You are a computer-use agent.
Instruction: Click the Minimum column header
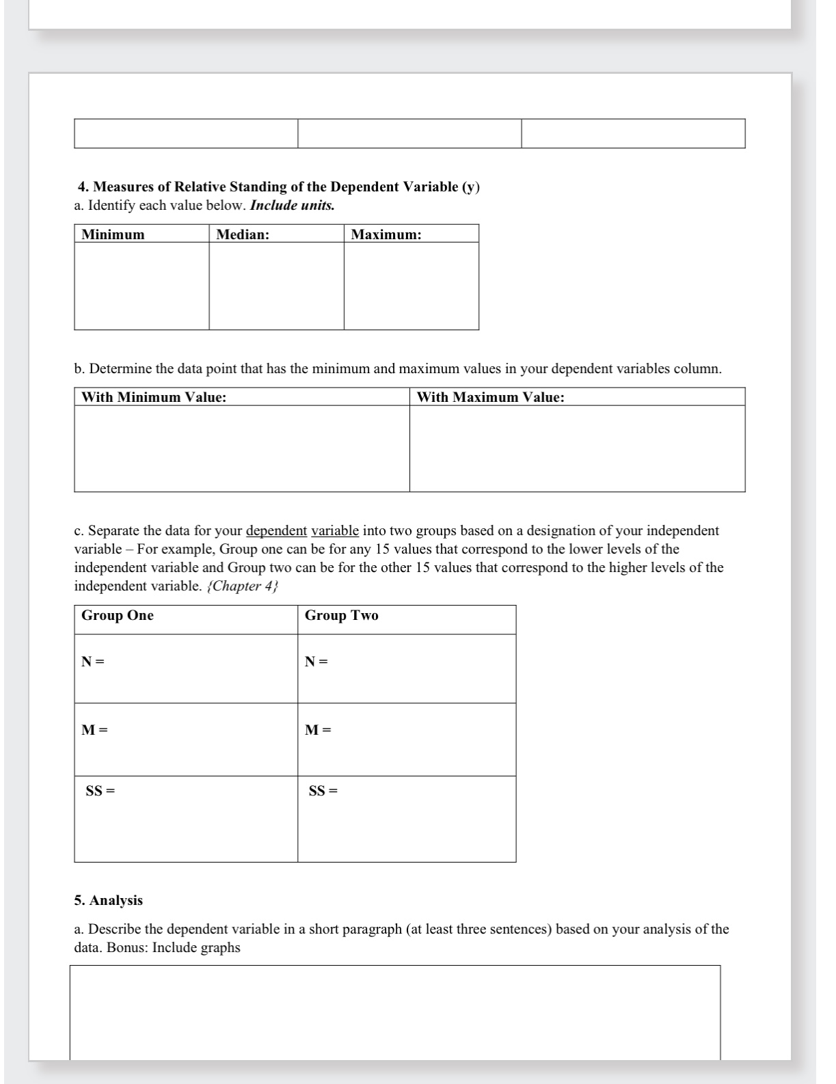click(x=113, y=234)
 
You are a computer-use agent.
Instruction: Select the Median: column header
click(x=243, y=234)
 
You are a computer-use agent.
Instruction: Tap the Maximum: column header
click(x=386, y=234)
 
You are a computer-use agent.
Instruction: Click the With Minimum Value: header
click(x=154, y=397)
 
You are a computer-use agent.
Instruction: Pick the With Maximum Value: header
click(x=491, y=397)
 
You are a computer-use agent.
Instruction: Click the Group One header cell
click(x=118, y=615)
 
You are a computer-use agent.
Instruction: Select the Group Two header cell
click(x=341, y=615)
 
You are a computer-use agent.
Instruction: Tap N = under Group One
click(x=93, y=662)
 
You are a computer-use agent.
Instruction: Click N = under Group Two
click(x=316, y=662)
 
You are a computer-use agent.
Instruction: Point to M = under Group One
click(x=94, y=730)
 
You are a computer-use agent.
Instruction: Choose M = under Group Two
click(x=318, y=730)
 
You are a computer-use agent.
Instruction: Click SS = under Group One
click(x=100, y=791)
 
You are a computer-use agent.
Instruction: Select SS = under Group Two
click(x=323, y=791)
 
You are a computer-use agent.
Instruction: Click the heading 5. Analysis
click(x=109, y=900)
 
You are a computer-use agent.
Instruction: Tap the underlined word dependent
click(x=276, y=531)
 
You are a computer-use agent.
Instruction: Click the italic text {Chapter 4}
click(x=243, y=586)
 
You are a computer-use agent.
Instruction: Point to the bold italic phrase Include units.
click(x=293, y=205)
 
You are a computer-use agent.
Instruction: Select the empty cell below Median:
click(x=276, y=286)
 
